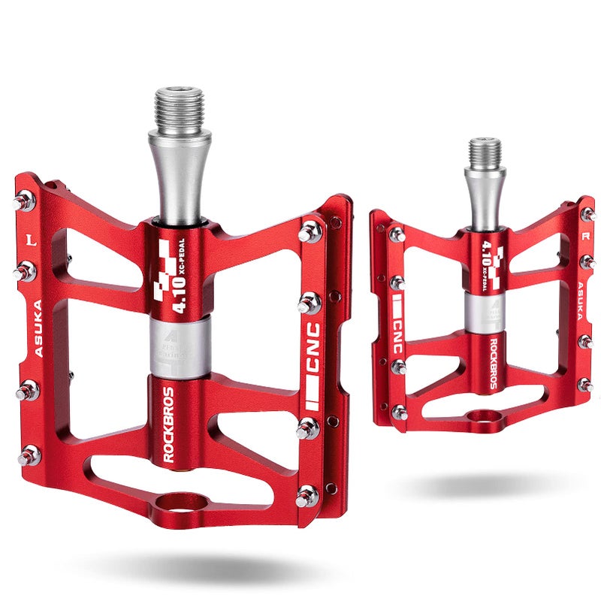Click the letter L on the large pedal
[31, 240]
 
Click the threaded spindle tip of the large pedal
[179, 110]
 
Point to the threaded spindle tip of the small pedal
[485, 151]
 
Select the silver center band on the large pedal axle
[180, 347]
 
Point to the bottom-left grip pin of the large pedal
[28, 455]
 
